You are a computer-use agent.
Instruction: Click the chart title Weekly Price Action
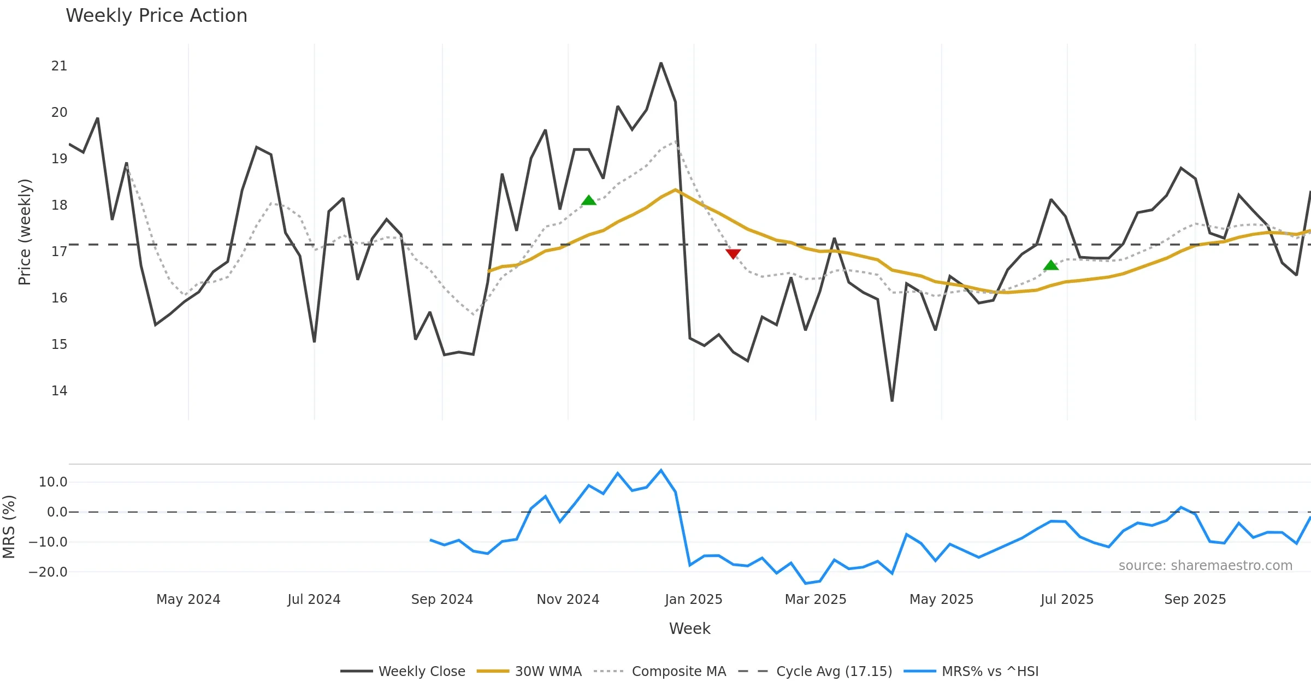coord(156,16)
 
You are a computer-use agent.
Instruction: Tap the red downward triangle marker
coord(733,254)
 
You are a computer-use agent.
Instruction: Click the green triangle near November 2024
coord(589,200)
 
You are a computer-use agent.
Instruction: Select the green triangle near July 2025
coord(1051,265)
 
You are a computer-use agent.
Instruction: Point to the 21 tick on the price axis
coord(59,66)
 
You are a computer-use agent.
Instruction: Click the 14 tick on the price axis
coord(59,391)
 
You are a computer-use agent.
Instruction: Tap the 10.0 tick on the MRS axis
coord(53,482)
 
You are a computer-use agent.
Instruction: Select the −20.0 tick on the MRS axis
coord(48,572)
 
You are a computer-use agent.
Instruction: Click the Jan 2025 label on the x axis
coord(694,600)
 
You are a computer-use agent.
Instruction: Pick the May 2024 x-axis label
coord(188,600)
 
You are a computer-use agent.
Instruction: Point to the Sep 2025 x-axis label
coord(1195,600)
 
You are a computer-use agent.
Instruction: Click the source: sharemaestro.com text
coord(1205,566)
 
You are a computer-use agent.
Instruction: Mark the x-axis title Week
coord(690,629)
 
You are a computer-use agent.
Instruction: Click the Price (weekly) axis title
coord(25,232)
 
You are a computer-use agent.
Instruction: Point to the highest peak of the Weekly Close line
coord(661,64)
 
